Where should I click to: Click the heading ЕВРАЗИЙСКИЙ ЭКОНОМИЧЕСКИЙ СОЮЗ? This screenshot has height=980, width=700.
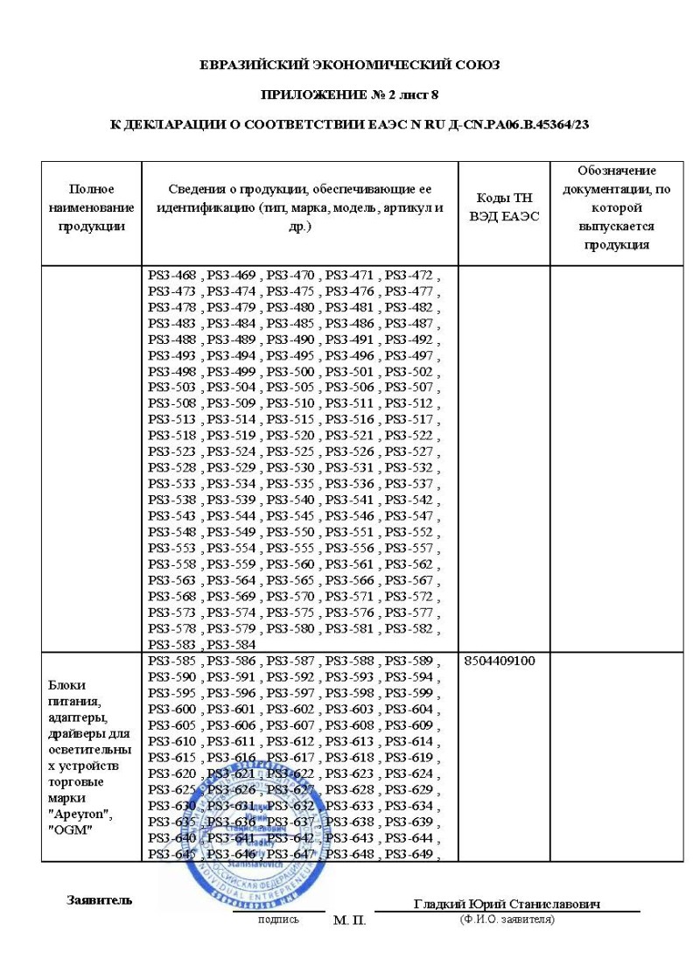(x=350, y=65)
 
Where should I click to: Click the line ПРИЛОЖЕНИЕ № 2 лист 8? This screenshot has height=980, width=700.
(x=350, y=94)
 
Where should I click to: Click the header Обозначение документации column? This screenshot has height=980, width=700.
(x=617, y=206)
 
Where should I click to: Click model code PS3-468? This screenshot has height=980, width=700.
(x=173, y=275)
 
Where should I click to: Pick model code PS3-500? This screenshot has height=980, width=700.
(x=292, y=370)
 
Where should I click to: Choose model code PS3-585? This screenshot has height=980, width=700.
(x=173, y=661)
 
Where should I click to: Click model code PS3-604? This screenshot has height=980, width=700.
(x=409, y=709)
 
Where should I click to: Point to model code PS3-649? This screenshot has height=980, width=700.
(x=409, y=853)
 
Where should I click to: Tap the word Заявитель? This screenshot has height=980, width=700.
(x=99, y=900)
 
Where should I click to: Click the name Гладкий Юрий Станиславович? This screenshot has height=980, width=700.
(x=512, y=904)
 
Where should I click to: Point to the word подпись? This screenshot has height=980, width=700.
(x=278, y=920)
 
